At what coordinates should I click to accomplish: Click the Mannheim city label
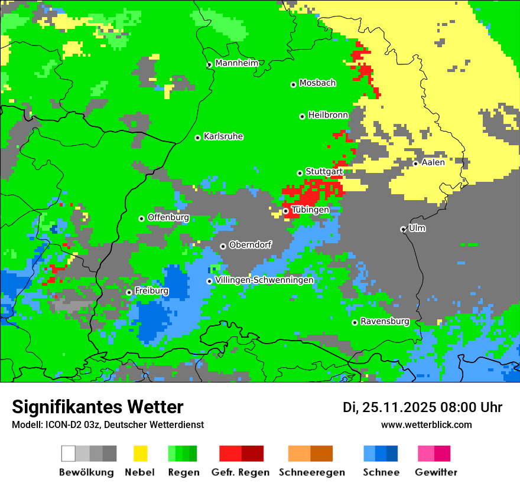click(238, 63)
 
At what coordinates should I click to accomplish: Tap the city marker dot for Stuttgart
click(300, 173)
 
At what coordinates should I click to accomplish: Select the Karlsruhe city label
click(223, 136)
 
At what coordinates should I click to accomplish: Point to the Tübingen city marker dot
click(285, 211)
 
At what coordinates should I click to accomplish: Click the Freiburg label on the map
click(151, 291)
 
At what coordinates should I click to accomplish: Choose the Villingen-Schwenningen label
click(264, 280)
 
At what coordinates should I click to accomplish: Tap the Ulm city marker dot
click(403, 229)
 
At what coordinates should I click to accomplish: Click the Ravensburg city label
click(385, 322)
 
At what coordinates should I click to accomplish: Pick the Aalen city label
click(433, 162)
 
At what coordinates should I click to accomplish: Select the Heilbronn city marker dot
click(302, 116)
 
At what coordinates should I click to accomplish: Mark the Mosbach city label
click(317, 83)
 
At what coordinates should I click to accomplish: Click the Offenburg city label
click(168, 217)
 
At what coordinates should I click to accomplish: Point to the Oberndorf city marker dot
click(223, 246)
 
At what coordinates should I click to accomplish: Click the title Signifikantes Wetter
click(97, 407)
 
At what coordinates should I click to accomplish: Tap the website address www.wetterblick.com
click(426, 424)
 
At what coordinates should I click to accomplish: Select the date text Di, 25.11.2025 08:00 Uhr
click(422, 407)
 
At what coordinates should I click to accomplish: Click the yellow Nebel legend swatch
click(139, 453)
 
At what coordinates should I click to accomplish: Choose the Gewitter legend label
click(436, 472)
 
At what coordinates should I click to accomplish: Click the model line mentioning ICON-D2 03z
click(108, 424)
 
